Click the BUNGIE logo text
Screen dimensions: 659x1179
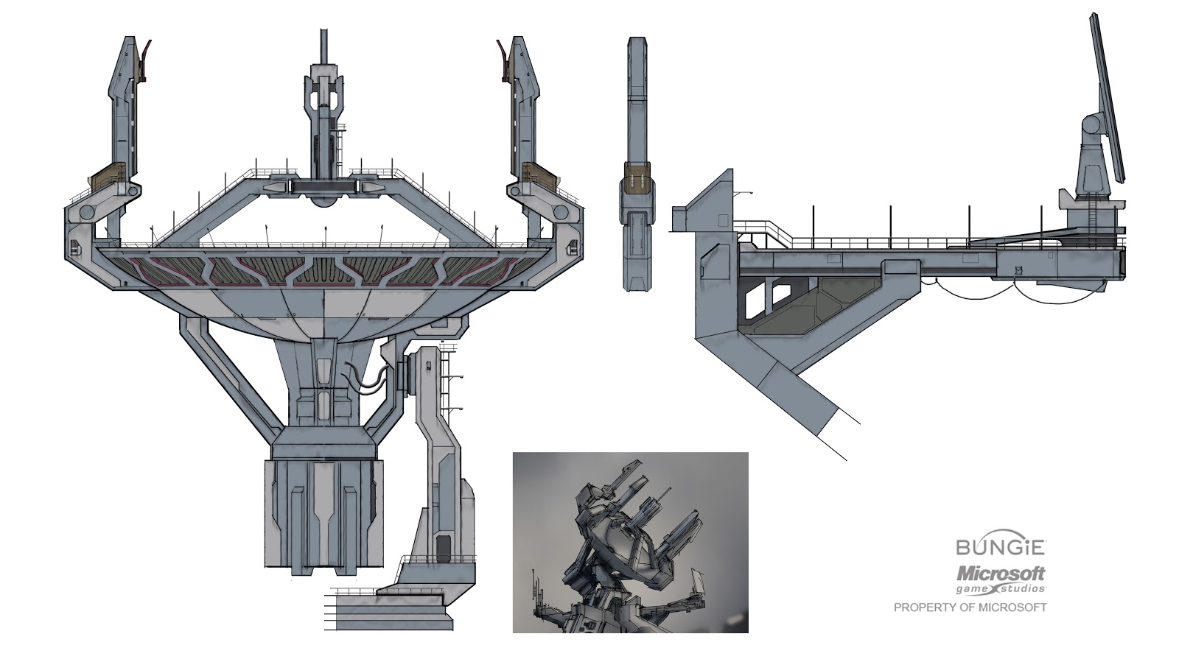pos(1000,547)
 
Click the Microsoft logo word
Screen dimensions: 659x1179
pos(1000,573)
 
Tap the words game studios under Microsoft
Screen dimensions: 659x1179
pos(1000,589)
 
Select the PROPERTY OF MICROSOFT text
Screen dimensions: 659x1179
pos(970,607)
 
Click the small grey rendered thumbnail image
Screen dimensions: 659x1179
pos(630,543)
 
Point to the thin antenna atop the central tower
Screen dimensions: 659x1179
pos(322,46)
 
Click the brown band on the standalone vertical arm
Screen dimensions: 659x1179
pos(638,177)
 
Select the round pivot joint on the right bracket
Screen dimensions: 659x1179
pos(561,213)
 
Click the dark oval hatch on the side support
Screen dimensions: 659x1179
pos(443,546)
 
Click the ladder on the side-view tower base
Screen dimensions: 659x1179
pos(1094,214)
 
